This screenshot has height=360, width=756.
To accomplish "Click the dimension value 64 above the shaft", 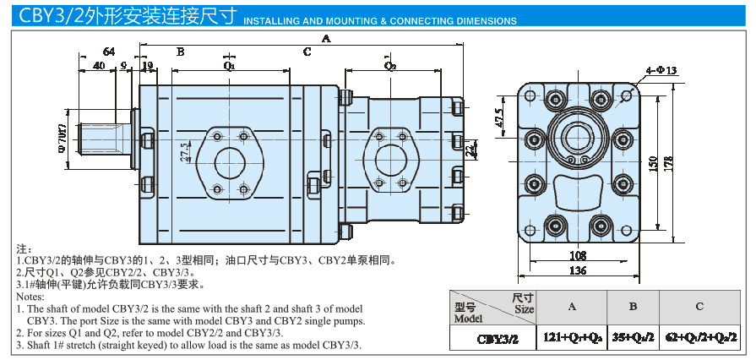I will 108,52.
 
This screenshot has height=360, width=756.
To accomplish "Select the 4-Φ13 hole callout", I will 661,71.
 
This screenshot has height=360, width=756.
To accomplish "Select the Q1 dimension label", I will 229,64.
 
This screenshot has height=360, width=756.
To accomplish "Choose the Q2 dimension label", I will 390,64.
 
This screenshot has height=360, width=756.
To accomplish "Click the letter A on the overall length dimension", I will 326,38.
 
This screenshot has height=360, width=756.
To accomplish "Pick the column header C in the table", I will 699,306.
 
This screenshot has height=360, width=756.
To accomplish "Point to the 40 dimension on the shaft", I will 100,65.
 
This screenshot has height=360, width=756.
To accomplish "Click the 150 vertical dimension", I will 652,162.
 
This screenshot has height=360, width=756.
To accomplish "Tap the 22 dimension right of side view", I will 470,150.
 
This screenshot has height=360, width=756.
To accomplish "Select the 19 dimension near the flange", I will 148,65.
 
